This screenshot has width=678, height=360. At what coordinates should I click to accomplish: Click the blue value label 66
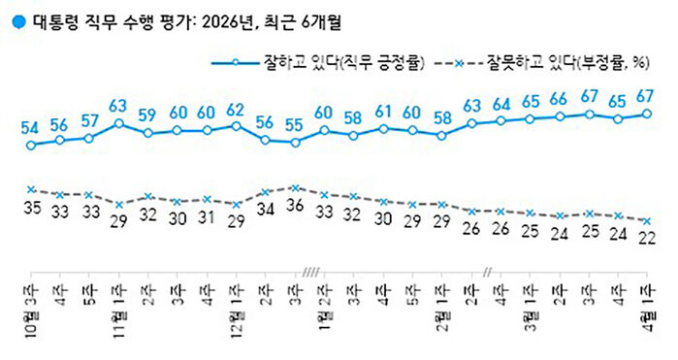[x=560, y=100]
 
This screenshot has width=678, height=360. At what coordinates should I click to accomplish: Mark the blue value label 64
[x=500, y=104]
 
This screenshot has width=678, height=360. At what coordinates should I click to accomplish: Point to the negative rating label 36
[x=295, y=206]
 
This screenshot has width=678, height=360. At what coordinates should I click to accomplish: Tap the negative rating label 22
[x=648, y=237]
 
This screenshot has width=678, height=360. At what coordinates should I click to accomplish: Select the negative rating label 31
[x=207, y=217]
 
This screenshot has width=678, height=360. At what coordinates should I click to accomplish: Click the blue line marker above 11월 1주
[x=118, y=123]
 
